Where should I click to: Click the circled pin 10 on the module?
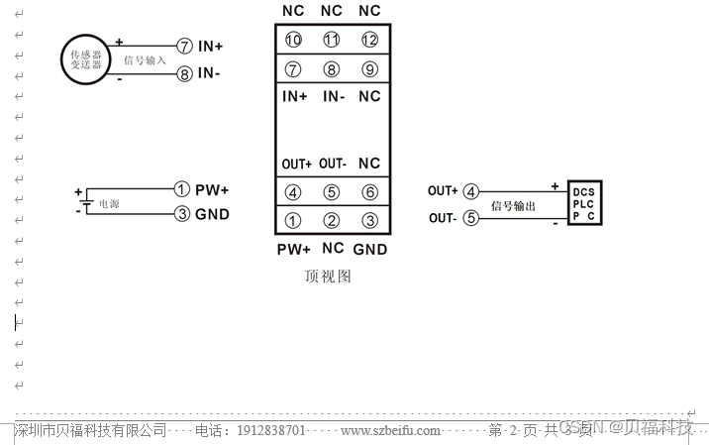click(293, 41)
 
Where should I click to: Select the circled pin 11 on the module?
click(332, 41)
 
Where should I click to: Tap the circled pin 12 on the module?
click(369, 41)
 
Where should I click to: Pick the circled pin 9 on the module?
click(369, 69)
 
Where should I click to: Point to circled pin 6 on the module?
click(369, 192)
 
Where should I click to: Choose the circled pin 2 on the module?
click(332, 221)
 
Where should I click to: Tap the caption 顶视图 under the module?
click(328, 277)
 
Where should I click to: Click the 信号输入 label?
click(145, 60)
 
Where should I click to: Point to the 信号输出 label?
click(513, 206)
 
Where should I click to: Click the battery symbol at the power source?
click(86, 201)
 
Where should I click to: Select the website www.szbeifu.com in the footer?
click(390, 430)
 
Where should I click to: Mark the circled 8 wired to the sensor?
click(184, 74)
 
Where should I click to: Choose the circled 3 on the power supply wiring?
click(181, 214)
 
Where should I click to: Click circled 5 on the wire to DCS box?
click(471, 218)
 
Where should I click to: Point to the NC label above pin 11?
click(332, 11)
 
